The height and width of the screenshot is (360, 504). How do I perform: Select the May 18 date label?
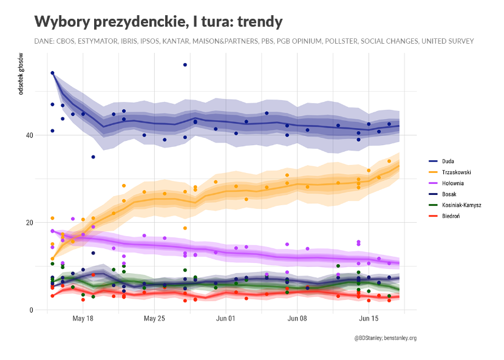tap(83, 318)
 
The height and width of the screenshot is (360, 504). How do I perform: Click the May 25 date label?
tap(154, 318)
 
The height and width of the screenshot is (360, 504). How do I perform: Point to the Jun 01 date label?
tap(225, 318)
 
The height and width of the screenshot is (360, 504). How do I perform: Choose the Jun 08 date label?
tap(297, 318)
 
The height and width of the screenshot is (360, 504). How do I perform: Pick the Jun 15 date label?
tap(369, 318)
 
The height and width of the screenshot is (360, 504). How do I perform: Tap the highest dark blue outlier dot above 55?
tap(185, 65)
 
